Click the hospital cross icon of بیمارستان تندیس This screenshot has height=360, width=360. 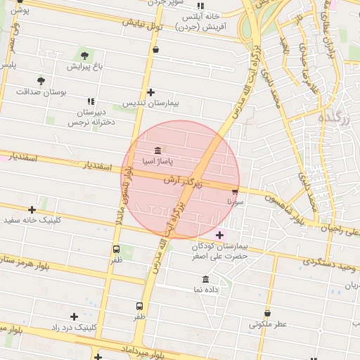click(x=150, y=92)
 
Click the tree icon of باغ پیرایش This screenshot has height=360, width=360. click(x=84, y=56)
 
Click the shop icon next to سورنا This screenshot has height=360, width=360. click(x=234, y=190)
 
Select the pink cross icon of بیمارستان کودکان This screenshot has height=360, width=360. click(x=220, y=235)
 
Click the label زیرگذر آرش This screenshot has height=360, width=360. click(x=183, y=181)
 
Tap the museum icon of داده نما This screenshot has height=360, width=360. click(x=206, y=278)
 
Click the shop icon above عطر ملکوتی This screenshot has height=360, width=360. click(x=267, y=314)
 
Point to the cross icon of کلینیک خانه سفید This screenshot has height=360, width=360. click(x=32, y=210)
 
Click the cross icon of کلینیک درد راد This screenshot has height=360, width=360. click(x=75, y=317)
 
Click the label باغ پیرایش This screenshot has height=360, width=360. click(x=89, y=67)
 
